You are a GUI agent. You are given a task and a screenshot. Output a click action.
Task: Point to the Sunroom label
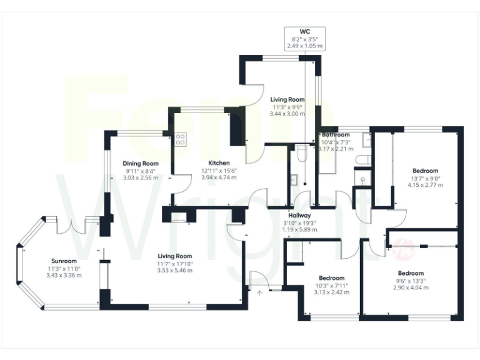click(x=64, y=261)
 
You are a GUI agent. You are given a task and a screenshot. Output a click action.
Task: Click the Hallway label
click(x=300, y=216)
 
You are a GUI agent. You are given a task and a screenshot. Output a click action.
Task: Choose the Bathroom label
click(x=335, y=134)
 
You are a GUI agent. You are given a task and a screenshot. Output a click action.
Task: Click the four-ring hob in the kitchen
click(x=180, y=139)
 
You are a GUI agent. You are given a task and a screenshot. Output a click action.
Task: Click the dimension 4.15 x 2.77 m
click(x=425, y=185)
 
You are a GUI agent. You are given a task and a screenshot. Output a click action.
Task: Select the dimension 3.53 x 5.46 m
click(x=174, y=271)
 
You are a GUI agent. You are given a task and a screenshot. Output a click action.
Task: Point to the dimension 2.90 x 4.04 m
click(x=411, y=288)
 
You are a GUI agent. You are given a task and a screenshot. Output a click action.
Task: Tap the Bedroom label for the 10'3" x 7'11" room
click(x=331, y=277)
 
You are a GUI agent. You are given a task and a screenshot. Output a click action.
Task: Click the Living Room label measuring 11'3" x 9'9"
click(x=287, y=99)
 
